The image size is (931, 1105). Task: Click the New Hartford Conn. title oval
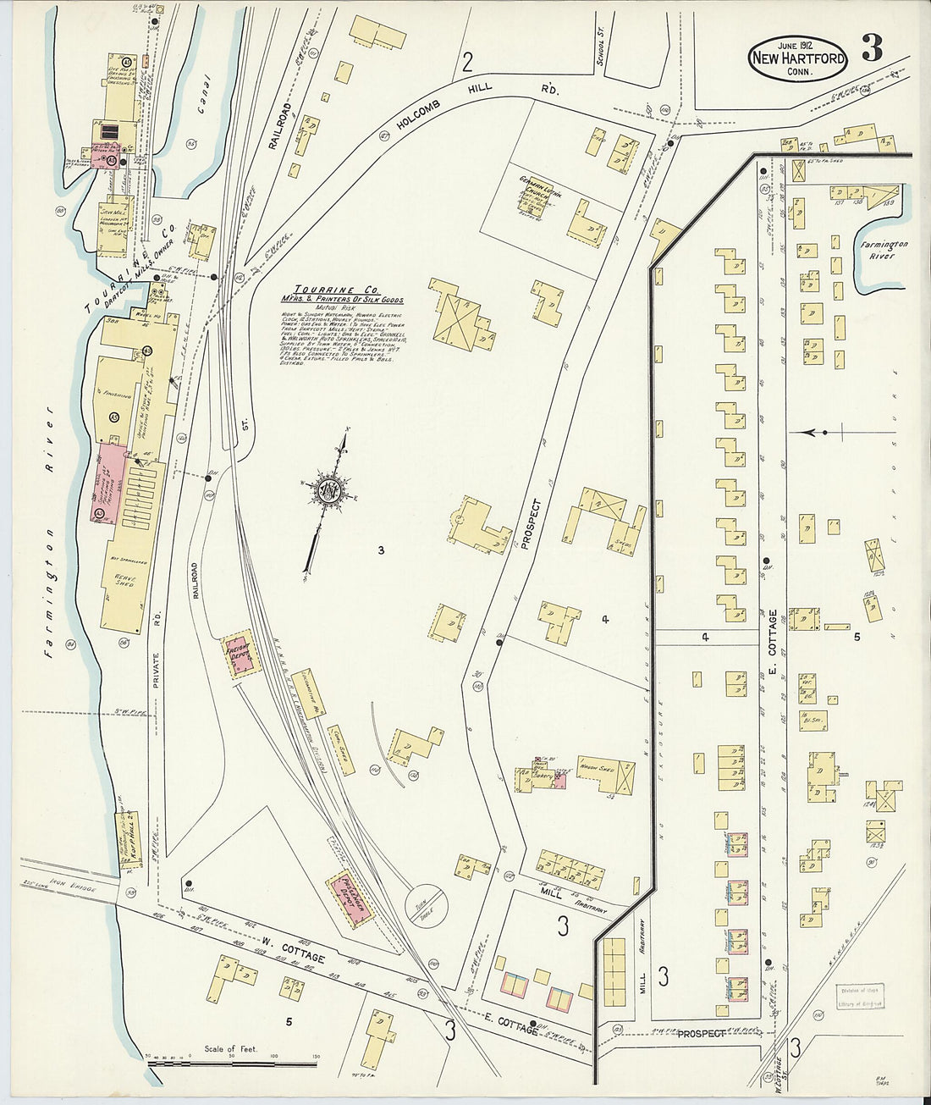click(796, 60)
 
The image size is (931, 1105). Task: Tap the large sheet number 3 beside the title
click(872, 49)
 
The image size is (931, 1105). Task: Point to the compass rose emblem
click(327, 490)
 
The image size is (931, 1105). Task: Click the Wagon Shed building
click(604, 776)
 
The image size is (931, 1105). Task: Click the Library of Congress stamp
click(860, 997)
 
